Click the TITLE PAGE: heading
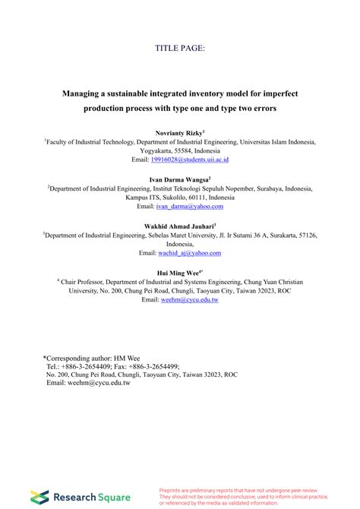click(179, 48)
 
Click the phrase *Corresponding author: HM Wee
click(91, 356)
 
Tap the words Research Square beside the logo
click(86, 497)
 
